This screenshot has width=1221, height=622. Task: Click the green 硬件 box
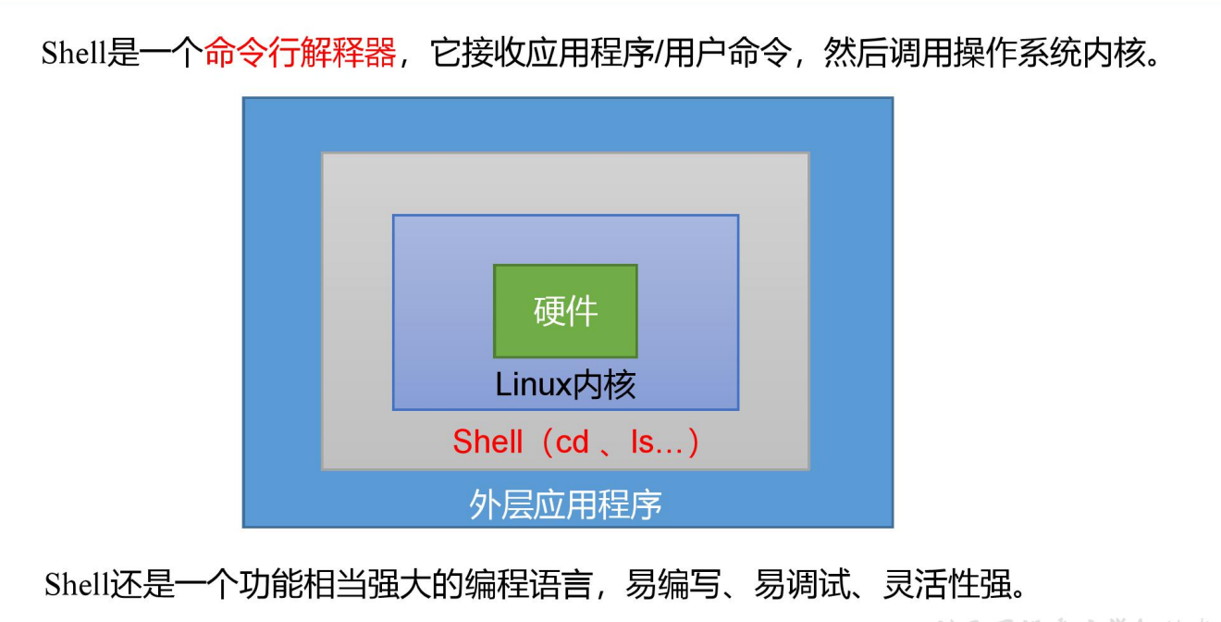point(565,311)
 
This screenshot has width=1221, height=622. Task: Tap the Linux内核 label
point(565,385)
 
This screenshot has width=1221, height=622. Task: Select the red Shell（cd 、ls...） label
point(576,442)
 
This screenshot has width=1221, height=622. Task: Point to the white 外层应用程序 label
point(565,504)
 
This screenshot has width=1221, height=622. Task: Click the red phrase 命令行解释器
point(301,53)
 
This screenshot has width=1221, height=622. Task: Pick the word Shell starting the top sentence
point(74,53)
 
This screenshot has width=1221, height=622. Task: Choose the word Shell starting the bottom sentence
point(77,584)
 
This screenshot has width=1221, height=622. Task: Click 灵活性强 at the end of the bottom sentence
point(947,584)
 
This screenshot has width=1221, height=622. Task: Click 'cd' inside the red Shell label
point(573,442)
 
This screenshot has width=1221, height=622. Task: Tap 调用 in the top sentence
point(921,53)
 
